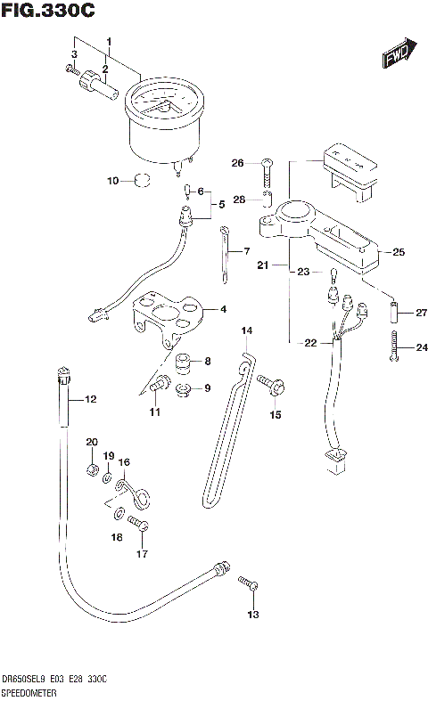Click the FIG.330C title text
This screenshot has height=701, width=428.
48,11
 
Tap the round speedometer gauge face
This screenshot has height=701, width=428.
163,104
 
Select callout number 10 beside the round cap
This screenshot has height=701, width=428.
112,181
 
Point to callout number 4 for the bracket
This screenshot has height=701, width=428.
223,310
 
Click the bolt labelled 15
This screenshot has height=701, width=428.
268,384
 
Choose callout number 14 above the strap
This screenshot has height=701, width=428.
247,331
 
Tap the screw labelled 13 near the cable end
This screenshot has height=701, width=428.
249,585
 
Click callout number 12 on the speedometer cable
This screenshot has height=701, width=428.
89,400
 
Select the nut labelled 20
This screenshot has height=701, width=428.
92,469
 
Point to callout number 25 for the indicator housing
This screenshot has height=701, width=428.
398,252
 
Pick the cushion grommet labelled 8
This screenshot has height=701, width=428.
183,362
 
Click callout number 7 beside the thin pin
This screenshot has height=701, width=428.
246,252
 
